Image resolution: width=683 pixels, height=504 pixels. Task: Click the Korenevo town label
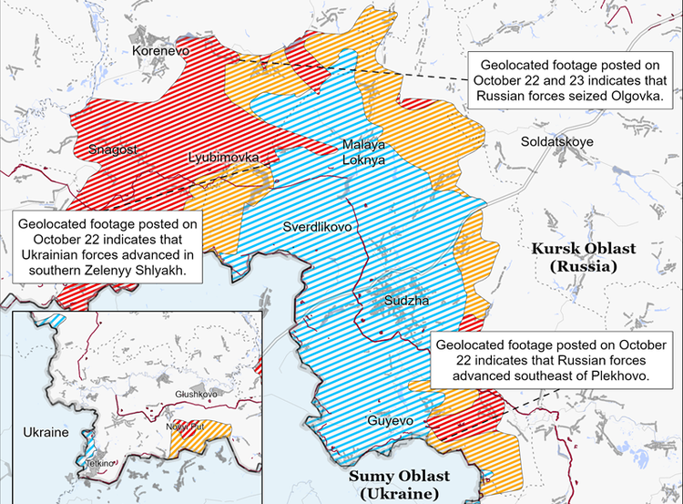tap(159, 52)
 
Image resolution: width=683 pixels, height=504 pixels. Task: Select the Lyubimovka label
tap(223, 157)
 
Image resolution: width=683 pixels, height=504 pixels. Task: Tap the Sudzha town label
tap(403, 300)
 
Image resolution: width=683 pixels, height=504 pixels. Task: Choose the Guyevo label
tap(390, 421)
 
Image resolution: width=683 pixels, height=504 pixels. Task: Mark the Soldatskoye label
tap(557, 142)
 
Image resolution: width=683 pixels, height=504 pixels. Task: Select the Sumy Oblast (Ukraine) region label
tap(402, 485)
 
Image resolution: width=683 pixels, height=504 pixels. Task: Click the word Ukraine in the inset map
tap(45, 431)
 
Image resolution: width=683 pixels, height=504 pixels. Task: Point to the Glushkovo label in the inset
tap(197, 394)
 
